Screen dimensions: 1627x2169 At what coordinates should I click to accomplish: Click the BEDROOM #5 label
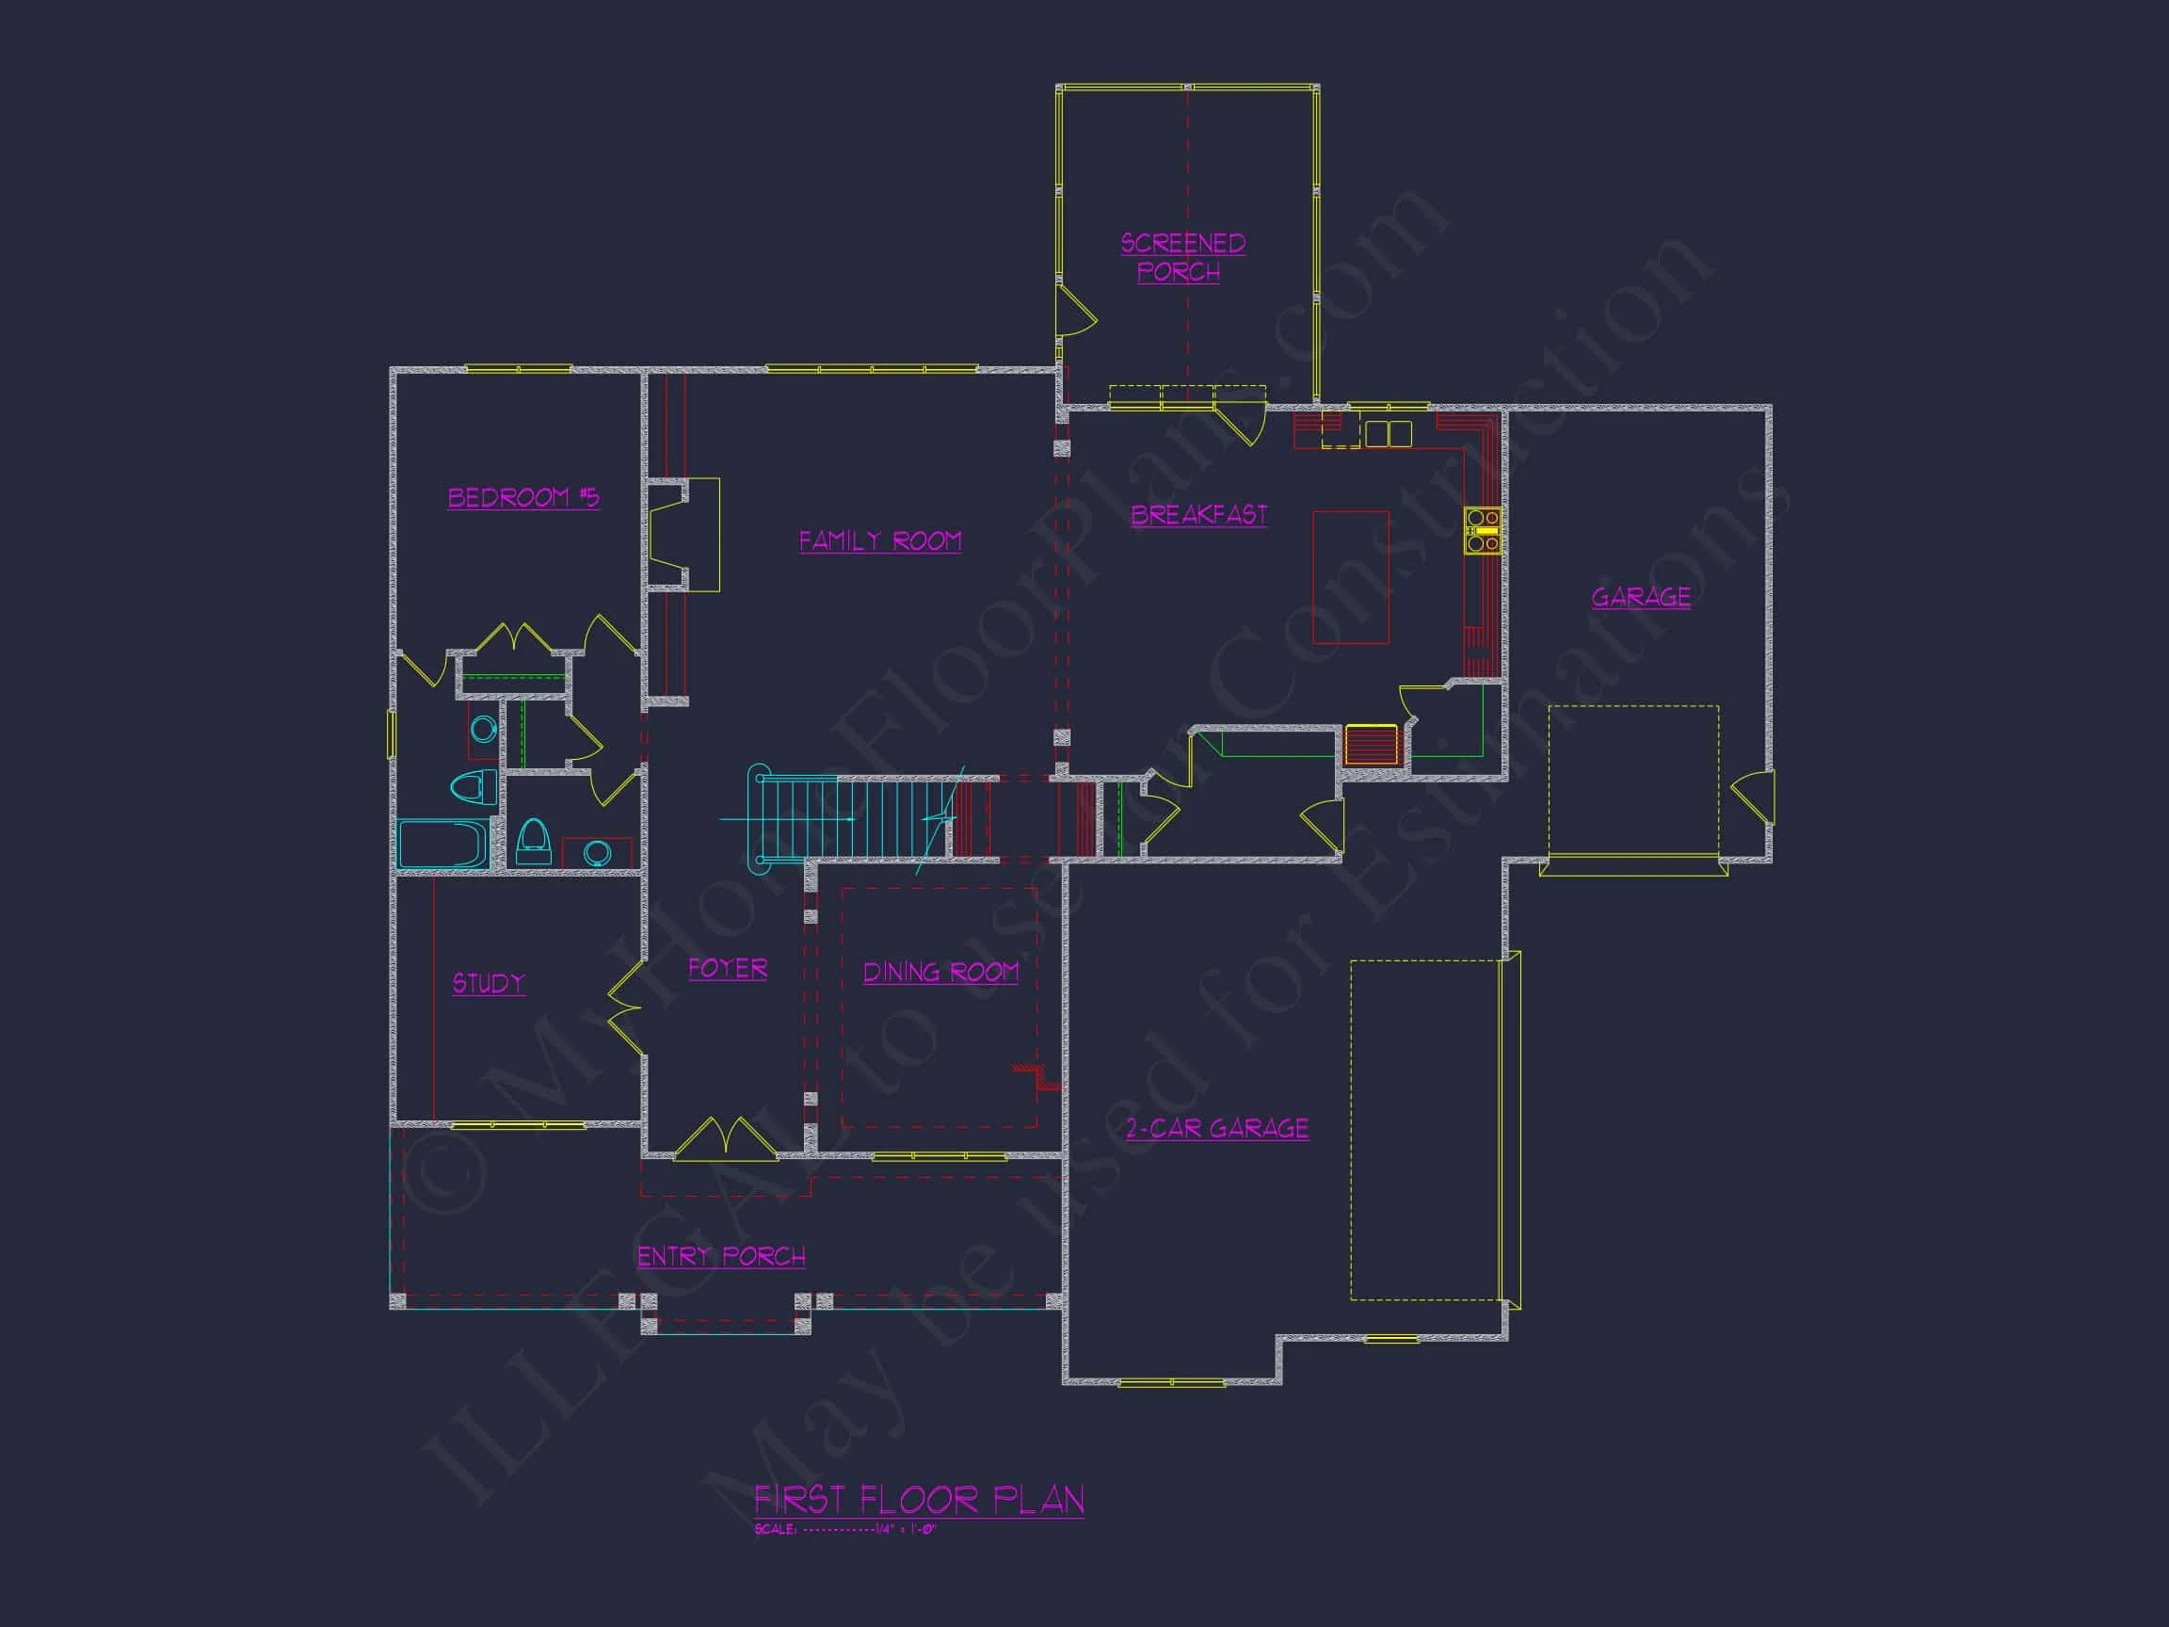click(522, 498)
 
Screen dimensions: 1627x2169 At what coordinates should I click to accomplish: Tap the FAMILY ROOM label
click(879, 541)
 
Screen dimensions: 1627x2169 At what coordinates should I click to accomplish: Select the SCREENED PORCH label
click(1181, 257)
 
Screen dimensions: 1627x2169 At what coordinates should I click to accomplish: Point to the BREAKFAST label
click(1198, 515)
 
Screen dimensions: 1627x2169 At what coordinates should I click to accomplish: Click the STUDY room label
click(489, 984)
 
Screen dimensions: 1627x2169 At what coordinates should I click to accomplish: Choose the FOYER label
click(727, 969)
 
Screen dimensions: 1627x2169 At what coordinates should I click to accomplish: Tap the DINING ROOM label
click(940, 972)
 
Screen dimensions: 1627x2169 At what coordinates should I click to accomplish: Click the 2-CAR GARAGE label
click(1216, 1129)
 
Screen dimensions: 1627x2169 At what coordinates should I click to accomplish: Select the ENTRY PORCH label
click(721, 1256)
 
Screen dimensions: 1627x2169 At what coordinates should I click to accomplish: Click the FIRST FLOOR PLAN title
click(919, 1500)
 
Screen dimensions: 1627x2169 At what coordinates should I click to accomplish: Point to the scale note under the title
click(845, 1530)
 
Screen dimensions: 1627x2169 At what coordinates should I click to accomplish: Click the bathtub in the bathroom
click(443, 844)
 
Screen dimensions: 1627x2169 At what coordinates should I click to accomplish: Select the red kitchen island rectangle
click(1350, 576)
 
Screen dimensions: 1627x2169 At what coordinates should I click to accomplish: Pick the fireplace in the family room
click(683, 535)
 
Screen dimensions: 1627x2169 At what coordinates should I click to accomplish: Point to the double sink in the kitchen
click(1389, 433)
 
